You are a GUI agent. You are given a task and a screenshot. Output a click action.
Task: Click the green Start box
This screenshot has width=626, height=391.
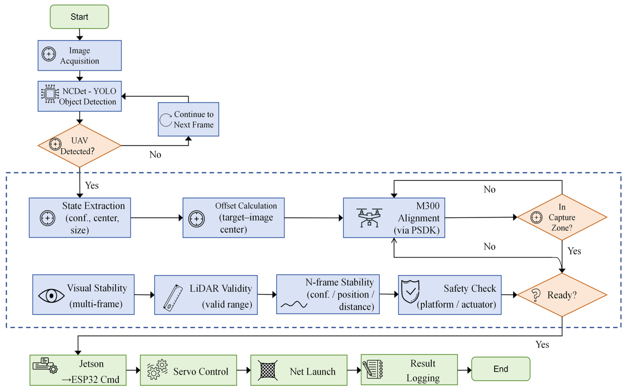tap(79, 17)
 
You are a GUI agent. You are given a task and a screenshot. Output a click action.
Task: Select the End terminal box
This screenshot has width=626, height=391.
tap(501, 369)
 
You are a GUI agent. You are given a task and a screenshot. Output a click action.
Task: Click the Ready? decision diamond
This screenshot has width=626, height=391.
tap(562, 295)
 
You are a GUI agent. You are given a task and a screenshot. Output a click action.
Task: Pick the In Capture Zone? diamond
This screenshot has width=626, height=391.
tap(562, 217)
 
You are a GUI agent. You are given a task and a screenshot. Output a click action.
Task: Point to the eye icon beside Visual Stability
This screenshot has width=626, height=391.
tap(51, 295)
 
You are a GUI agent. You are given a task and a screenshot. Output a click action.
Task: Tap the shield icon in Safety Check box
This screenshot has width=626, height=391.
tap(410, 291)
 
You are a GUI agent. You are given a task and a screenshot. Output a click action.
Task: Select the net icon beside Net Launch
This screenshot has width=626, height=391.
tap(268, 370)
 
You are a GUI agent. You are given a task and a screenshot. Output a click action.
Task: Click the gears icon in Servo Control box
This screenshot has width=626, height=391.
tap(157, 370)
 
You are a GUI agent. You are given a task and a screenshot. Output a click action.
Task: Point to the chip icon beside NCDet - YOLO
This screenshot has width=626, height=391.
tap(50, 94)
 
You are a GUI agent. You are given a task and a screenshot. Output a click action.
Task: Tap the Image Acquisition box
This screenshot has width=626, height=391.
tap(80, 55)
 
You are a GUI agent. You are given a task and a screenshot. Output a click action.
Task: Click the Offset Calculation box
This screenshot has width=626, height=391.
tap(234, 218)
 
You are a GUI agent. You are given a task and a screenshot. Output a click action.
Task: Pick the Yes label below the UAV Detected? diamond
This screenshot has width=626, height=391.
tap(92, 185)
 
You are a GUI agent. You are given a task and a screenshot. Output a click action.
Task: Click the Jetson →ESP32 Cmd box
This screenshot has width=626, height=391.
tap(78, 370)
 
